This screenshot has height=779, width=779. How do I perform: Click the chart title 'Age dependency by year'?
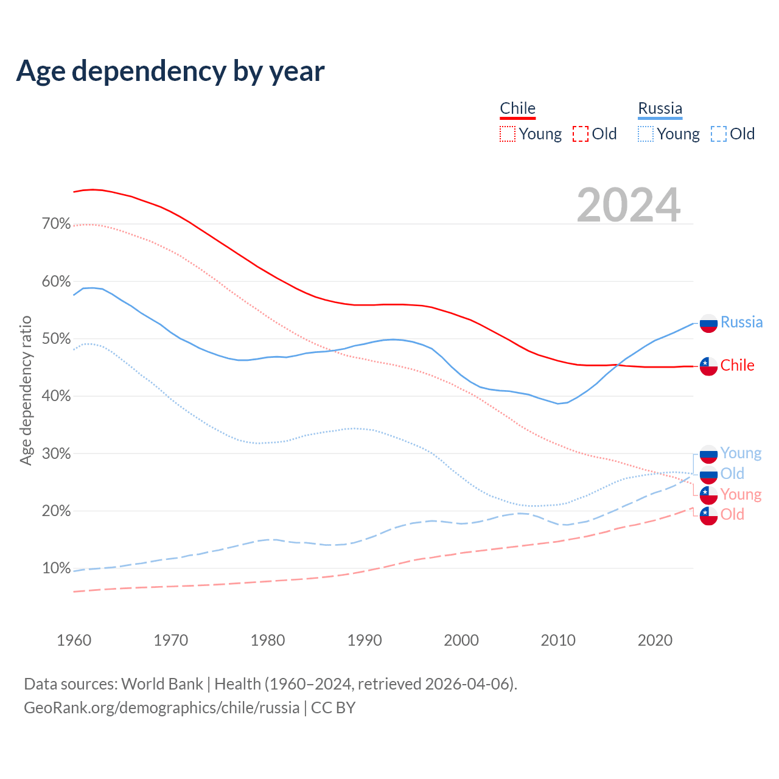tap(170, 71)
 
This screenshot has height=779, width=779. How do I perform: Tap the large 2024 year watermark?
tap(629, 206)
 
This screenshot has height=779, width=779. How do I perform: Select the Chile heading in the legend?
tap(517, 108)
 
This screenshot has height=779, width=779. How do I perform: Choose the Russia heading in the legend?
tap(660, 108)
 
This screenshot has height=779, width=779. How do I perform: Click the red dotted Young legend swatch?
tap(508, 134)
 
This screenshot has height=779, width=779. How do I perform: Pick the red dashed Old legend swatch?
tap(581, 134)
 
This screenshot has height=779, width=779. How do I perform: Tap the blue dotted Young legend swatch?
tap(646, 134)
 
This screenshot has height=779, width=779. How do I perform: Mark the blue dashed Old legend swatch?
tap(719, 134)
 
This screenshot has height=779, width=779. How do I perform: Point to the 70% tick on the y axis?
tap(56, 224)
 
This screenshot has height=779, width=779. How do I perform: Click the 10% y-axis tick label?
tap(56, 568)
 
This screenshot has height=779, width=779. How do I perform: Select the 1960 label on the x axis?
tap(74, 640)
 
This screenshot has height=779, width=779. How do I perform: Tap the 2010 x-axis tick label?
tap(558, 640)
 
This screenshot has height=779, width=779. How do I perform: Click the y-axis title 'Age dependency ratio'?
tap(26, 390)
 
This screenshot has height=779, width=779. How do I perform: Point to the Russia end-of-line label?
tap(741, 322)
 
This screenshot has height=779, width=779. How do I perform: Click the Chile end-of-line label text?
tap(737, 365)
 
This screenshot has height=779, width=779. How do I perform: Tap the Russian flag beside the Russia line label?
tap(708, 323)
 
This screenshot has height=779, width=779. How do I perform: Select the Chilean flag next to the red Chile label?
tap(708, 366)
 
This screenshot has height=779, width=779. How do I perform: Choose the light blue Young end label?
tap(741, 453)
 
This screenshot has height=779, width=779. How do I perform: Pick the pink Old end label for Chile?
tap(732, 514)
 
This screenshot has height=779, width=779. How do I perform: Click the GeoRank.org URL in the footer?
tap(161, 708)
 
